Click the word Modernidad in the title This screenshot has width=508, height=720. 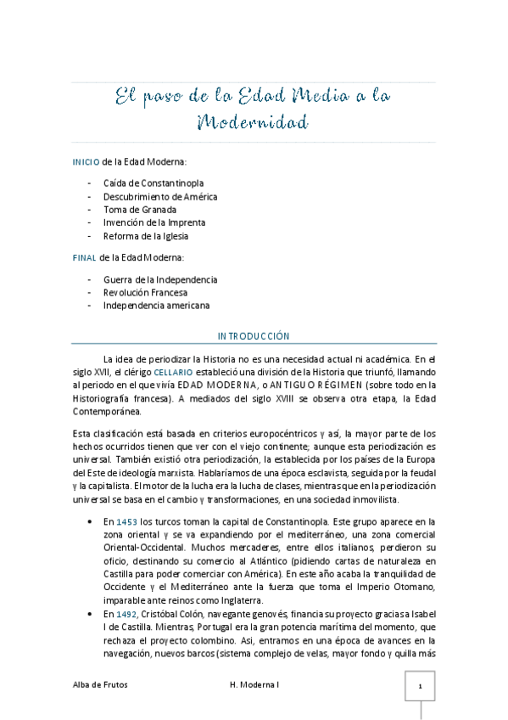point(251,122)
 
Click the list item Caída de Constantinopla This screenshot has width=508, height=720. point(154,183)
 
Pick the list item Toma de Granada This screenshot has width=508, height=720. point(140,209)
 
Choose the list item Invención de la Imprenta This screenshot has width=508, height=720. point(154,222)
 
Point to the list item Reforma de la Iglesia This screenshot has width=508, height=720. point(146,236)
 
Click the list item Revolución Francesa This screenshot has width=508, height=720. point(145,292)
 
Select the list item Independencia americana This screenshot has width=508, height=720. point(156,306)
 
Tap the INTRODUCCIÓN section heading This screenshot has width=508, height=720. point(254,336)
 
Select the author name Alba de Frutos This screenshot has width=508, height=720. point(100,685)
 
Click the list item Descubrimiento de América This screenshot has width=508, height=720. point(160,196)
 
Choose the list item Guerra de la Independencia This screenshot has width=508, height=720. point(160,278)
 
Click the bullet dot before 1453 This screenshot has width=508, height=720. point(90,521)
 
